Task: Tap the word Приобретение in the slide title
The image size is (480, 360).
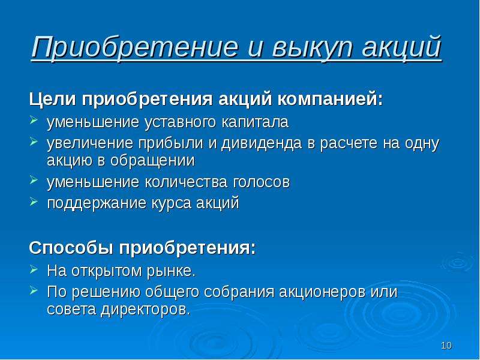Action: pos(134,47)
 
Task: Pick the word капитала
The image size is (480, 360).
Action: pos(254,122)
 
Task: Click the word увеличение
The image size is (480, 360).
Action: pos(90,143)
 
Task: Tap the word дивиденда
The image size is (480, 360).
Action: pos(262,143)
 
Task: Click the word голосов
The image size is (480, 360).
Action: pos(262,182)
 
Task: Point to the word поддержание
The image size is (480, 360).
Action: pos(97,203)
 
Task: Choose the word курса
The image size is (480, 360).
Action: pos(171,203)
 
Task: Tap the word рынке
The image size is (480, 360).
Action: pos(171,271)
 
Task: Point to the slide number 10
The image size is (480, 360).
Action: pos(446,346)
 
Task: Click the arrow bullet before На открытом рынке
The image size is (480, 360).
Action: pos(34,269)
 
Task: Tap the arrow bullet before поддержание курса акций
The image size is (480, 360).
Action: pos(34,202)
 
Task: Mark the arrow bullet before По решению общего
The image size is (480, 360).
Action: pos(34,290)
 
